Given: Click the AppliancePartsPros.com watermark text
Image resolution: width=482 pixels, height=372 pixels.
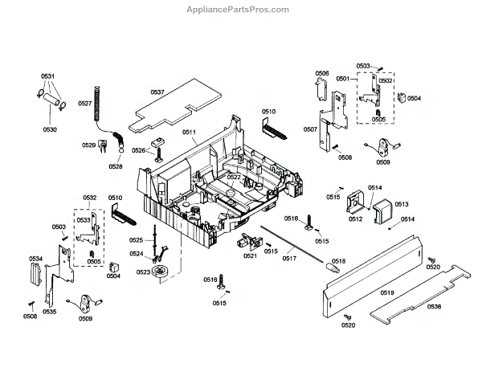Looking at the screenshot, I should pyautogui.click(x=242, y=10).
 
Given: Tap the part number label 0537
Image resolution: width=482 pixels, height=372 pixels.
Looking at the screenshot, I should pyautogui.click(x=157, y=92).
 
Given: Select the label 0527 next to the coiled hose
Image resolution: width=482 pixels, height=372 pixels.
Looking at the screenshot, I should pyautogui.click(x=85, y=103).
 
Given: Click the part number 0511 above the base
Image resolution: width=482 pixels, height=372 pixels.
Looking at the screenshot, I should pyautogui.click(x=189, y=131).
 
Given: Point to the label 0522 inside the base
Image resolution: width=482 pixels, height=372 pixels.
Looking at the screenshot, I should pyautogui.click(x=234, y=177).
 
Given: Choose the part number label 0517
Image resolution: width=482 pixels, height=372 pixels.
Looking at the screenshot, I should pyautogui.click(x=289, y=258).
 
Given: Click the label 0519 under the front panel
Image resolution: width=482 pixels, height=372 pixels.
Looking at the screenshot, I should pyautogui.click(x=387, y=293).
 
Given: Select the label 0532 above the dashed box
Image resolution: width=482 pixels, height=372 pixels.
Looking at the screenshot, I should pyautogui.click(x=89, y=197).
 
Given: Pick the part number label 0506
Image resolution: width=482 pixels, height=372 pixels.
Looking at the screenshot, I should pyautogui.click(x=321, y=73).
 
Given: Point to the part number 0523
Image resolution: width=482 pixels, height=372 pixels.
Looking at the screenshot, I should pyautogui.click(x=142, y=272).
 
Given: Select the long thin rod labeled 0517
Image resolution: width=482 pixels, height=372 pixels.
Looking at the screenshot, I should pyautogui.click(x=297, y=244).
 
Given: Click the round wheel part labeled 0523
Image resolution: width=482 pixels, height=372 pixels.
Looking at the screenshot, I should pyautogui.click(x=166, y=272).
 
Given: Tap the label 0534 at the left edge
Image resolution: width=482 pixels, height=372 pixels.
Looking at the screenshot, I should pyautogui.click(x=35, y=259).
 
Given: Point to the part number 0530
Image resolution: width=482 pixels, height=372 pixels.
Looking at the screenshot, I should pyautogui.click(x=50, y=129).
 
